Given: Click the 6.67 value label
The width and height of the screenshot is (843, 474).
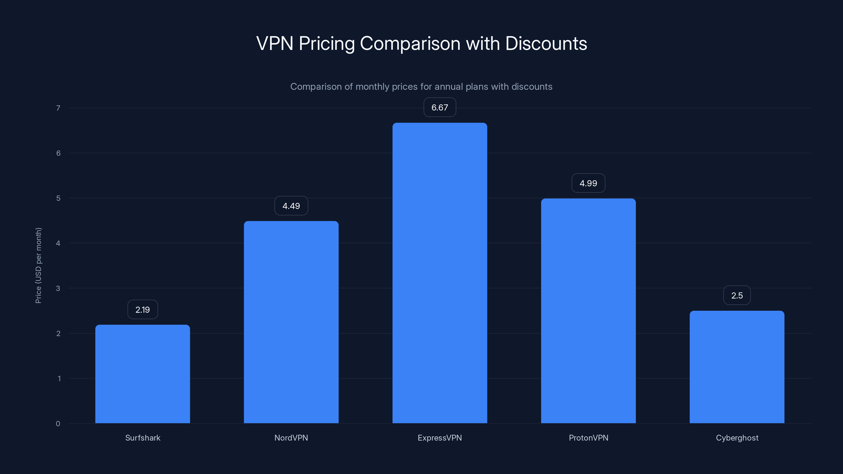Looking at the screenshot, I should (x=439, y=107).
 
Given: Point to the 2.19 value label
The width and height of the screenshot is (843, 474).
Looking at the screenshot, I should (x=143, y=309).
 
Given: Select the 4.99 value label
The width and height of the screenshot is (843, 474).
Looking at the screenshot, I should (x=588, y=183).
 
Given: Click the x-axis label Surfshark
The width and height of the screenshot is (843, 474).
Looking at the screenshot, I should (x=143, y=438).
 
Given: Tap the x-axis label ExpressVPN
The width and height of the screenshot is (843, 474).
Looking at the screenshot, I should (x=439, y=438).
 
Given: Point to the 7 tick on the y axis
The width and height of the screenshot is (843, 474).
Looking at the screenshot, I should (x=58, y=108).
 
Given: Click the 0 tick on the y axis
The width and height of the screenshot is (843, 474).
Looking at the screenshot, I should (x=58, y=424).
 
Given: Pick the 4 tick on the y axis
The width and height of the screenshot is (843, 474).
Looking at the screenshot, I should (x=58, y=243).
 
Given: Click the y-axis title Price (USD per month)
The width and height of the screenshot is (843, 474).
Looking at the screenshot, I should (x=38, y=265).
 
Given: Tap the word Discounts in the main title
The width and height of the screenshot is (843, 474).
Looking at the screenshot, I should (x=546, y=43).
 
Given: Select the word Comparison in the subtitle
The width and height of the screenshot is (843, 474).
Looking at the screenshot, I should (x=316, y=87).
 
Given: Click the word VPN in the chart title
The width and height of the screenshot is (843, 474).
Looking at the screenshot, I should (x=274, y=43).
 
